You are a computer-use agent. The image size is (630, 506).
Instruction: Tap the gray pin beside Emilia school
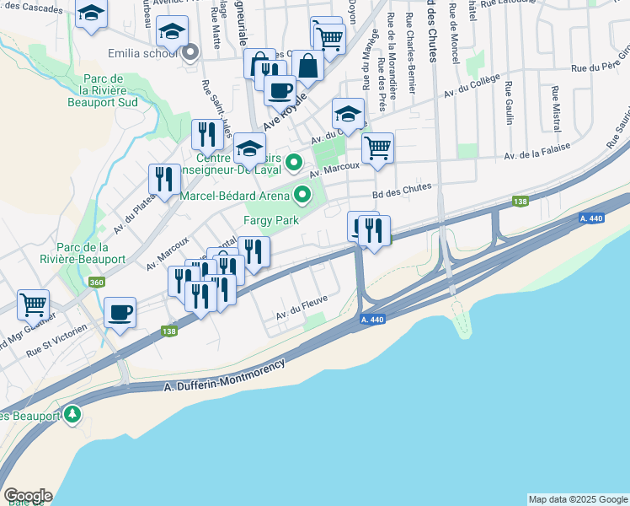(190, 52)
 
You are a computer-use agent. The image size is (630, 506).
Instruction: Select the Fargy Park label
(271, 220)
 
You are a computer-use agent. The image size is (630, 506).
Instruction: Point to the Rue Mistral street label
(556, 107)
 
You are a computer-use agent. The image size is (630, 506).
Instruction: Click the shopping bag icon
(308, 64)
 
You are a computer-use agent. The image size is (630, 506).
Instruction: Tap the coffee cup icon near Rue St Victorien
(120, 312)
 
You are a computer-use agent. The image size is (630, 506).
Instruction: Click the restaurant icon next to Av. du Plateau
(164, 178)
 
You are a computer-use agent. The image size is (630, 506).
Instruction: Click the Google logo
(28, 496)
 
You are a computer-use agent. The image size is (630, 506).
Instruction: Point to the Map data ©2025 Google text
(578, 499)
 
